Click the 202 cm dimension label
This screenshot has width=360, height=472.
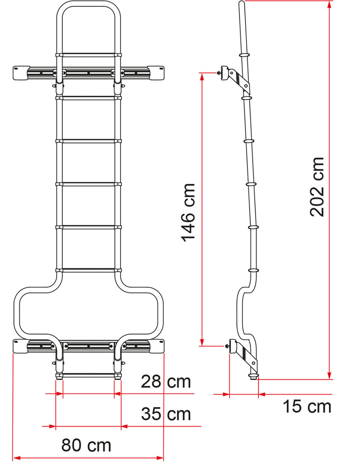[318, 186]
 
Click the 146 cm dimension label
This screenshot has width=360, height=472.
[189, 211]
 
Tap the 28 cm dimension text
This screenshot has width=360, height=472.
[166, 382]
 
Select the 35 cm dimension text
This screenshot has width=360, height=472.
[166, 413]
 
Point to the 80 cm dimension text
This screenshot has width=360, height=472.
[86, 445]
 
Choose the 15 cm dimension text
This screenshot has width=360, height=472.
[307, 406]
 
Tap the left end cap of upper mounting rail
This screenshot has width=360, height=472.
[21, 72]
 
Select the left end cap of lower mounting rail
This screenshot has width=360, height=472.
[21, 346]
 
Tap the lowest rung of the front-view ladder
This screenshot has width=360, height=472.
[89, 375]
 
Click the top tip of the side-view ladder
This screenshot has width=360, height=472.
[242, 4]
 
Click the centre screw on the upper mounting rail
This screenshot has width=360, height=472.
[89, 72]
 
